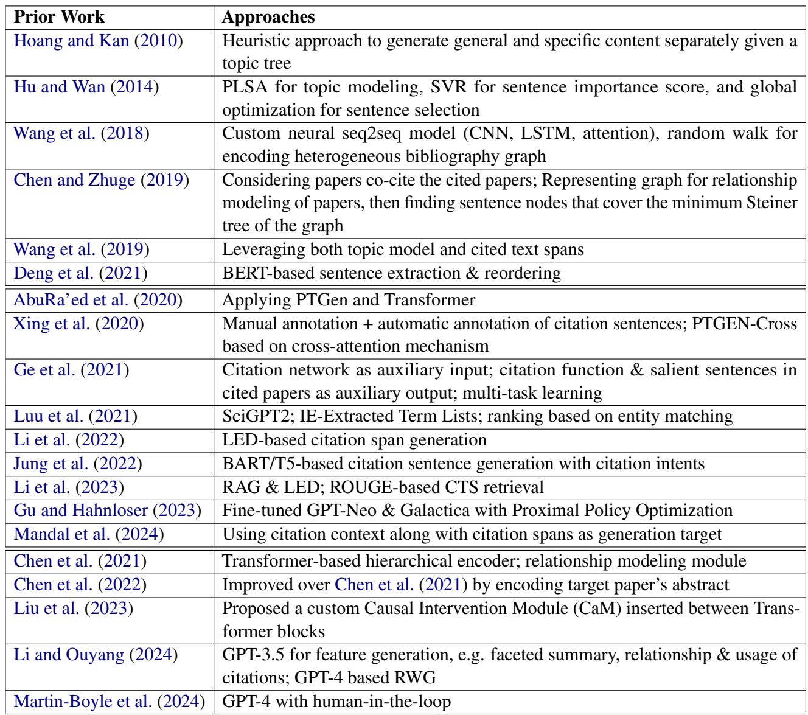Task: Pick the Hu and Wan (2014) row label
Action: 86,86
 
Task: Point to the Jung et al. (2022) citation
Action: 77,464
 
